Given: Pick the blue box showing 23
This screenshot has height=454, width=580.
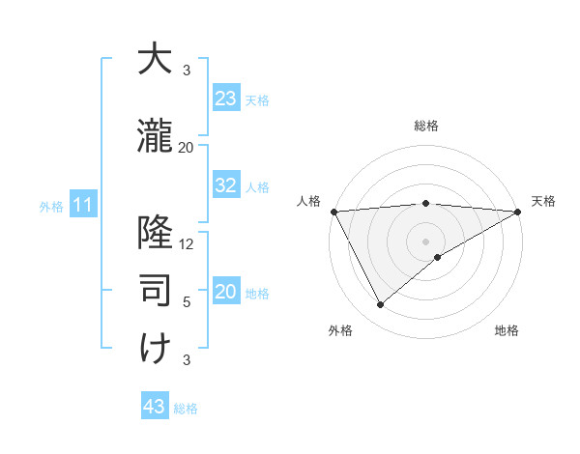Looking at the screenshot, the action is point(226,99).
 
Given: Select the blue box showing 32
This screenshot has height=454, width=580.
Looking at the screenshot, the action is point(226,185).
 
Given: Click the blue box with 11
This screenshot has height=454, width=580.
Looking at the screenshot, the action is point(82,205).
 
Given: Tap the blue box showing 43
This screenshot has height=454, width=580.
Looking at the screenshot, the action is point(155,407).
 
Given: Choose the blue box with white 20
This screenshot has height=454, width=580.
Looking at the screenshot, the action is point(226,292).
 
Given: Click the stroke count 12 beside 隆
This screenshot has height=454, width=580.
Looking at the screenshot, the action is point(188,244).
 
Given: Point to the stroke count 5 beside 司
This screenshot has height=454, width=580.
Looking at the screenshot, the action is point(187,302).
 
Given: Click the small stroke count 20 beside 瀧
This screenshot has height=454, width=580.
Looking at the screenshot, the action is point(187,148).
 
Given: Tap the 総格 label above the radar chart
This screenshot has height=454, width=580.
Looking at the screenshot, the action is point(426,126).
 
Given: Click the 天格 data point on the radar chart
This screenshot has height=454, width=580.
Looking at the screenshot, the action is point(518,212).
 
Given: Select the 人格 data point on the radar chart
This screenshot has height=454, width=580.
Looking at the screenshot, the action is point(333,212).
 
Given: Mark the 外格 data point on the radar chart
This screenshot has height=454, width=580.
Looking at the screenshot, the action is point(380,305).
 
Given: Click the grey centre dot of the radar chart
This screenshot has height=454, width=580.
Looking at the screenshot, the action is point(426,241).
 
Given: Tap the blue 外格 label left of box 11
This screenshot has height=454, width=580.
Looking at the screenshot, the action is point(50,206).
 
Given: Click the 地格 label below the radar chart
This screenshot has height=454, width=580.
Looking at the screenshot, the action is point(507,331).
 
